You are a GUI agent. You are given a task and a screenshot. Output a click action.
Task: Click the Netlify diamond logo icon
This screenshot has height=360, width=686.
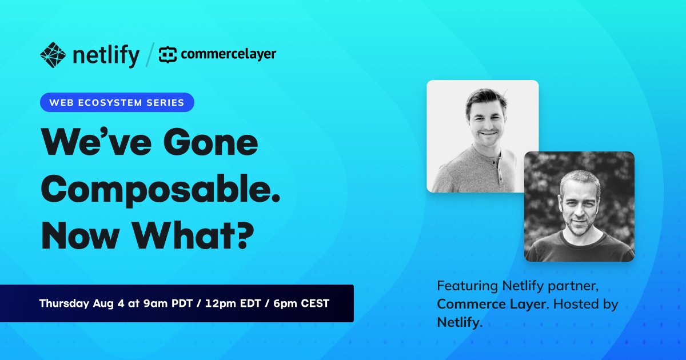[54, 55]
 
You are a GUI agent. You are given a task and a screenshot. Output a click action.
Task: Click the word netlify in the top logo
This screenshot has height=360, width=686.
[106, 55]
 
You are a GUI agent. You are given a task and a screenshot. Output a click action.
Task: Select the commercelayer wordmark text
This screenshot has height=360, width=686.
[228, 55]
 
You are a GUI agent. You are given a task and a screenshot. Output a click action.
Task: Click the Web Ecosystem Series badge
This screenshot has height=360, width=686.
[117, 103]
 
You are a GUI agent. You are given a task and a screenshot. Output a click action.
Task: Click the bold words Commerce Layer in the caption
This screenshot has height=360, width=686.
[491, 304]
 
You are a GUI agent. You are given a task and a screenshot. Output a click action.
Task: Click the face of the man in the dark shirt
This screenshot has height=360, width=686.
[578, 203]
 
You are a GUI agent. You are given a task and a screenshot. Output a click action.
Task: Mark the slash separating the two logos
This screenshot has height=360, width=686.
[149, 55]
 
